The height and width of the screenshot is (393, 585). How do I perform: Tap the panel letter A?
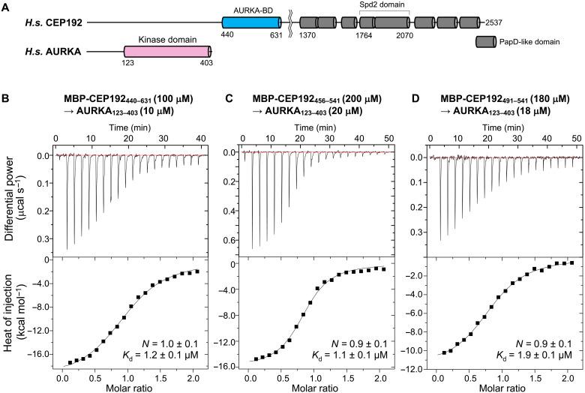click(x=6, y=6)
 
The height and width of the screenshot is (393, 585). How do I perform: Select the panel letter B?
click(x=6, y=97)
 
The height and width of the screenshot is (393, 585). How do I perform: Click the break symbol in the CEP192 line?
click(x=289, y=22)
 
